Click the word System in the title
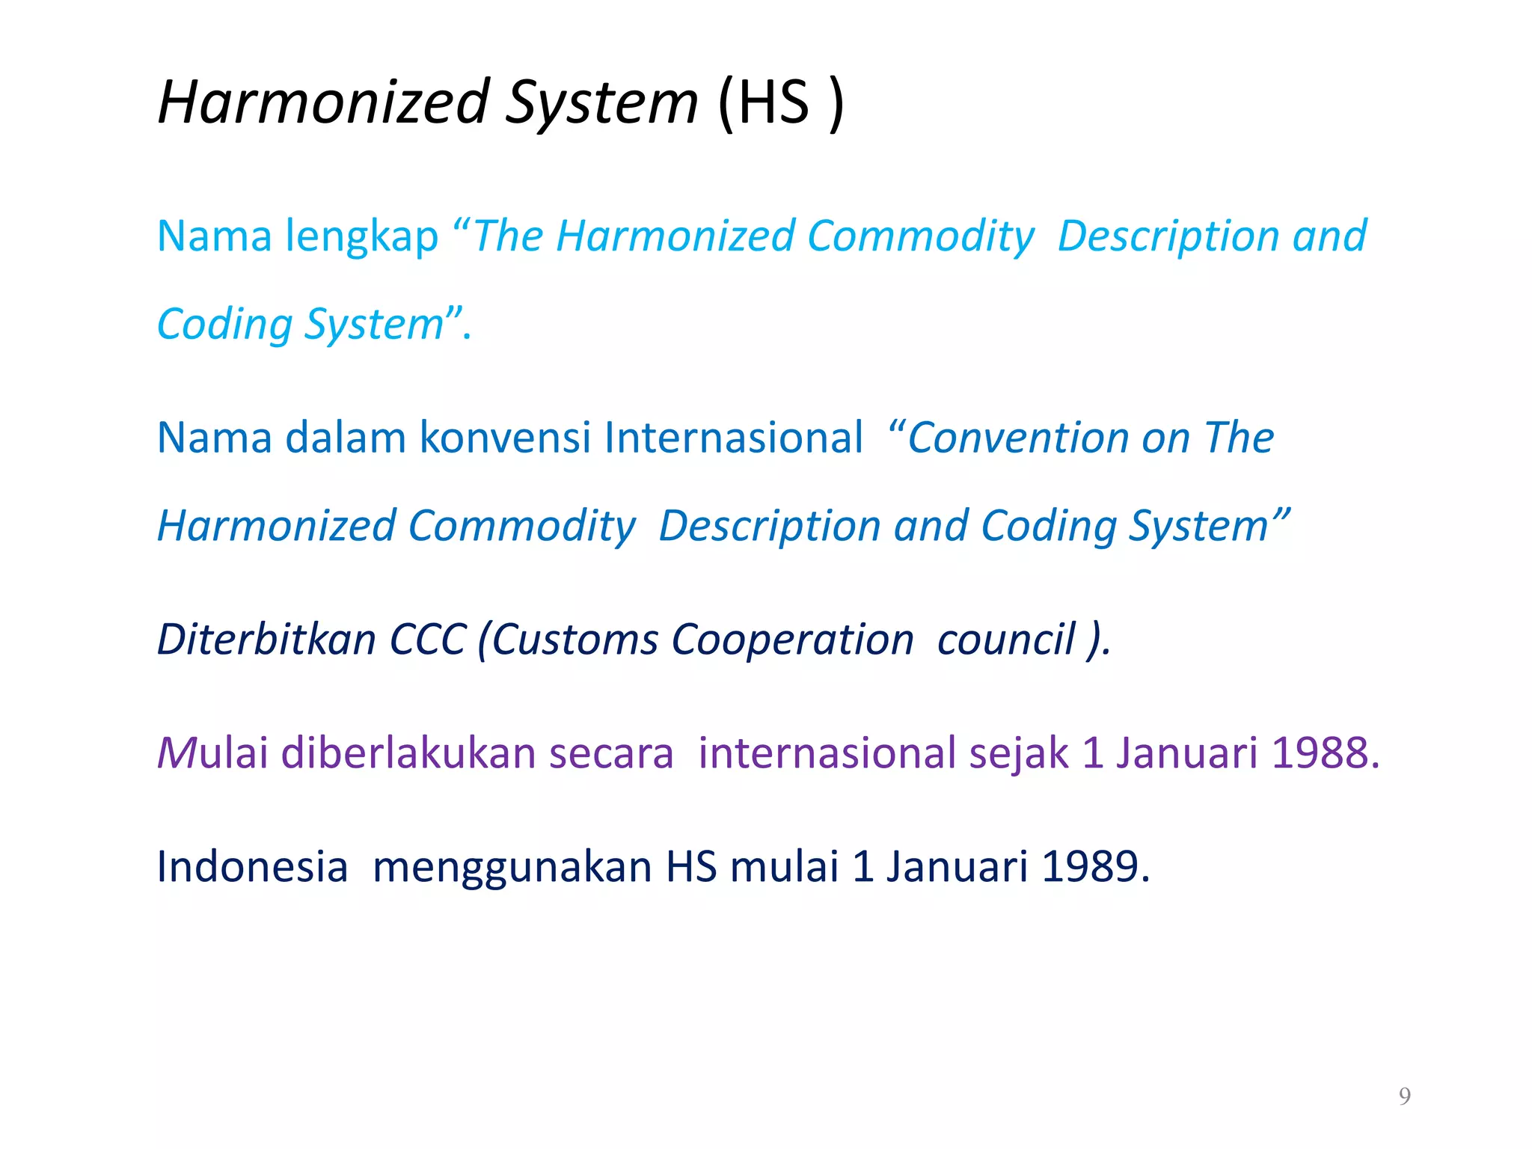click(x=601, y=103)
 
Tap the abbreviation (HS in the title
click(x=763, y=103)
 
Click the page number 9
click(x=1405, y=1096)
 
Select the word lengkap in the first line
click(x=362, y=237)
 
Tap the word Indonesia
click(x=252, y=867)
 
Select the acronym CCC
click(x=428, y=640)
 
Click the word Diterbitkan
click(x=266, y=640)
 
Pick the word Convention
click(x=1017, y=438)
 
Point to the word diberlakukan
click(x=408, y=753)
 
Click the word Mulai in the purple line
click(x=212, y=753)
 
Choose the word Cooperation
click(x=792, y=640)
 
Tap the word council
click(x=1005, y=640)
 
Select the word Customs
click(x=575, y=640)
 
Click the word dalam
click(x=346, y=438)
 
